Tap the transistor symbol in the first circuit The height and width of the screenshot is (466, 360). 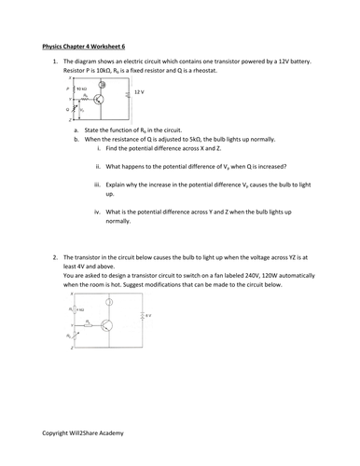click(107, 98)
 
